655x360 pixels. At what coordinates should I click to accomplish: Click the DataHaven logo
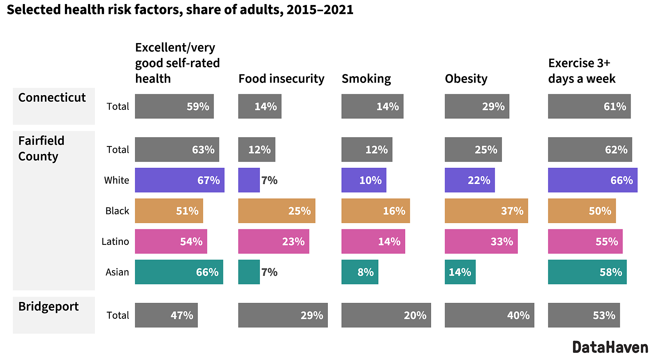(610, 348)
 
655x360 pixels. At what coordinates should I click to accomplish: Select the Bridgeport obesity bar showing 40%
(489, 315)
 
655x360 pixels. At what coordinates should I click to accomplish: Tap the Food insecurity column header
(281, 79)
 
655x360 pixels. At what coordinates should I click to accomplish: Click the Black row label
(117, 211)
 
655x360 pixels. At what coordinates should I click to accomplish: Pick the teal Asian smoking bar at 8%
(360, 272)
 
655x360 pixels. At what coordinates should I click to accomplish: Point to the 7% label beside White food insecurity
(269, 180)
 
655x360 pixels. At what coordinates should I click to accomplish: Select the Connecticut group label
(52, 98)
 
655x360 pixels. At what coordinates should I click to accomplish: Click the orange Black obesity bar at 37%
(486, 211)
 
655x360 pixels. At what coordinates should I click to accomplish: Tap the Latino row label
(115, 241)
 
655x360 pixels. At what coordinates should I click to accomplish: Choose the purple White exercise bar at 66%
(592, 180)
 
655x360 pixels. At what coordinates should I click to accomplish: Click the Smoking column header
(366, 79)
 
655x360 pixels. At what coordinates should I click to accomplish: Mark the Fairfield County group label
(41, 148)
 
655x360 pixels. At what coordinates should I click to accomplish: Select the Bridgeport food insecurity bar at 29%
(283, 315)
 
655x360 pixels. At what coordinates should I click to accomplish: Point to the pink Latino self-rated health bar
(171, 241)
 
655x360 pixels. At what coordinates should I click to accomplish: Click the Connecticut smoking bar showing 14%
(372, 106)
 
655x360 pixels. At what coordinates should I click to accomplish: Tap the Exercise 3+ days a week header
(581, 71)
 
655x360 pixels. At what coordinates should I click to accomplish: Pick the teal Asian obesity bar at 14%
(460, 272)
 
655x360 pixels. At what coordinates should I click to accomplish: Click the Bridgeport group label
(48, 306)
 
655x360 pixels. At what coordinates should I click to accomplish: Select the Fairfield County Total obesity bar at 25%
(473, 150)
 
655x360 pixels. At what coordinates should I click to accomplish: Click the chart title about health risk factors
(180, 10)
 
